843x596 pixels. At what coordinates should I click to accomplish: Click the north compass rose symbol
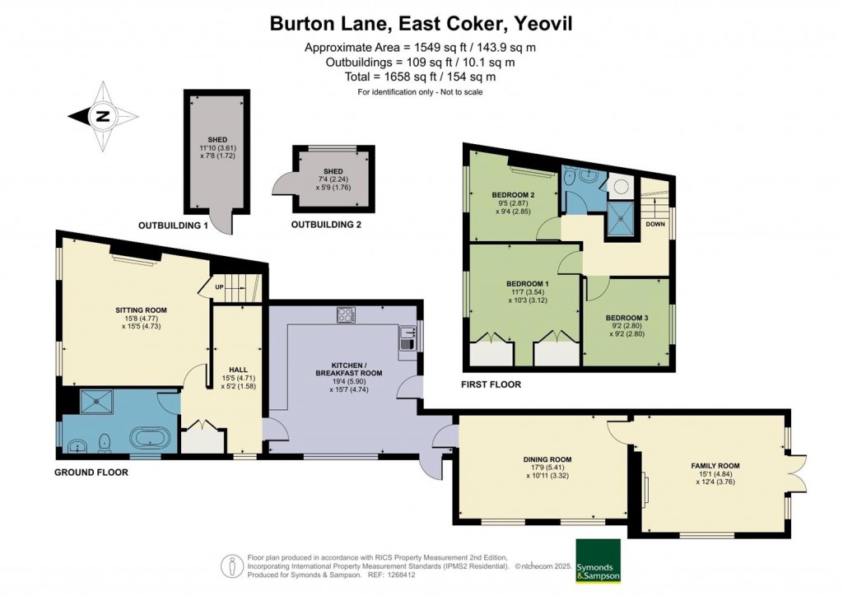click(103, 116)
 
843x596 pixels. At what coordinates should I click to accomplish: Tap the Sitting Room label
click(141, 310)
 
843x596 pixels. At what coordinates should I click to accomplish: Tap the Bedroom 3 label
click(628, 318)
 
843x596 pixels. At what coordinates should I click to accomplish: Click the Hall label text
click(229, 370)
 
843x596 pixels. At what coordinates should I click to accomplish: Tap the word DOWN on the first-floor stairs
click(655, 223)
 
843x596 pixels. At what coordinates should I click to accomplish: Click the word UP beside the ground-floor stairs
click(219, 286)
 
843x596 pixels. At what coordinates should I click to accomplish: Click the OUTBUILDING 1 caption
click(173, 225)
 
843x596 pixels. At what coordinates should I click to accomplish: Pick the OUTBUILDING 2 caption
click(325, 225)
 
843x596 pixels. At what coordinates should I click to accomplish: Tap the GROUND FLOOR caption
click(91, 473)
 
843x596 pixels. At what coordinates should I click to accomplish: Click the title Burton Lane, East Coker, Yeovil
click(421, 24)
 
